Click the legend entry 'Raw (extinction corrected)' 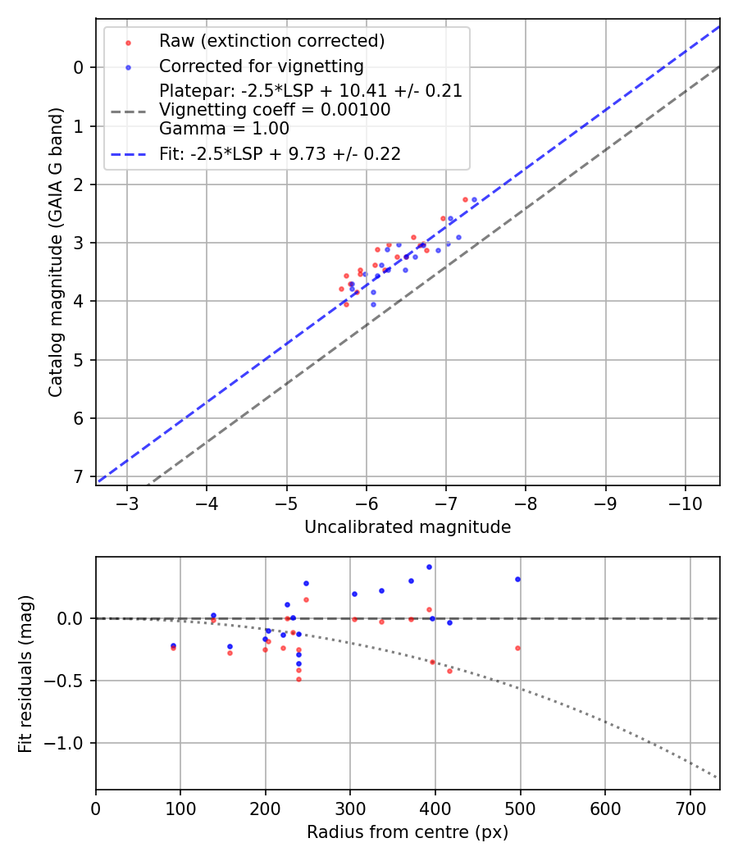pos(271,41)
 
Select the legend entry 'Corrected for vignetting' pos(261,66)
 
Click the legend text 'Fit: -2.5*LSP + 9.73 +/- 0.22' pos(280,154)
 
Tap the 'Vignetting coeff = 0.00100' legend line pos(275,110)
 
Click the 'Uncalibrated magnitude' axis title pos(408,527)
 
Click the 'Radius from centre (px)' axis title pos(408,832)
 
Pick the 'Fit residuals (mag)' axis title pos(26,673)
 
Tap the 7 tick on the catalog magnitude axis pos(80,476)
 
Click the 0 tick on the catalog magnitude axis pos(80,67)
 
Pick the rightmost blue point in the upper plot pos(474,199)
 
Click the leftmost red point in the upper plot pos(341,289)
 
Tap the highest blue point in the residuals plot pos(429,567)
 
